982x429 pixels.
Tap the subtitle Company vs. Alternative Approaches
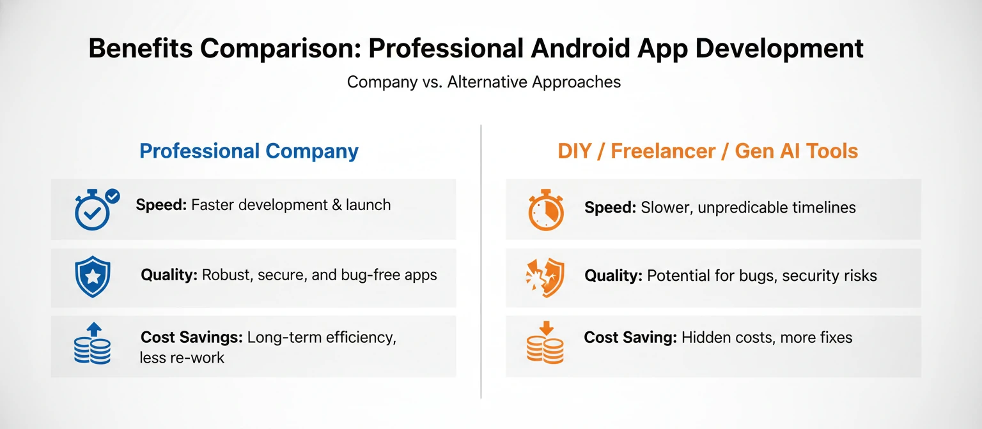tap(484, 82)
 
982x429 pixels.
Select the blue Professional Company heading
tap(249, 151)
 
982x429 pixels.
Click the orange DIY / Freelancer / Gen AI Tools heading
tap(708, 151)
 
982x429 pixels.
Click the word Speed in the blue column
tap(161, 205)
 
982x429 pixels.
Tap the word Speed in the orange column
tap(610, 207)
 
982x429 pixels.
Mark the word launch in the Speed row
tap(368, 205)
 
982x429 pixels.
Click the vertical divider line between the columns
tap(481, 262)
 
